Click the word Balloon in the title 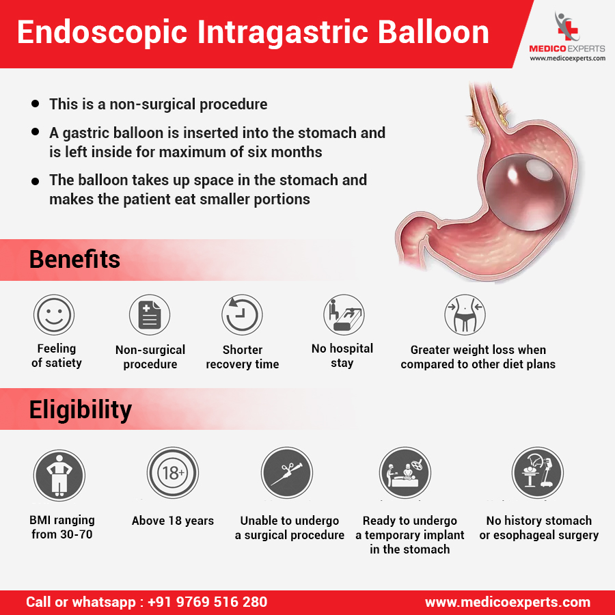[433, 32]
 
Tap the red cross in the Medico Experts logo [568, 30]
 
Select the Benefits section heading [74, 259]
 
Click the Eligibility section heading [81, 409]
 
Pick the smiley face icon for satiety [54, 314]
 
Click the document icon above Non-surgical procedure [150, 314]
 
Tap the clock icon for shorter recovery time [242, 314]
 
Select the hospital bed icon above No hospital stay [344, 314]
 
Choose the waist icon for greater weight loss [465, 314]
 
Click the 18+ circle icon [173, 473]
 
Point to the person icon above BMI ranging [59, 476]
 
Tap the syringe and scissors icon [287, 473]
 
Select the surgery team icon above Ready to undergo [405, 473]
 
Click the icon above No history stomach [538, 473]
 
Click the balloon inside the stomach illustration [525, 192]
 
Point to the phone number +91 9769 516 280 [208, 602]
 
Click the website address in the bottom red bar [508, 602]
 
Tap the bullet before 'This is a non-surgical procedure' [36, 104]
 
